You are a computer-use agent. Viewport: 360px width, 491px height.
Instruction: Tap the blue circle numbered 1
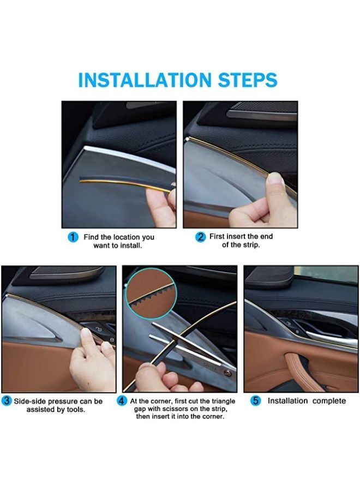click(73, 237)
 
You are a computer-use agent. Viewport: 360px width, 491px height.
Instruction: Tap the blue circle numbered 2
click(200, 237)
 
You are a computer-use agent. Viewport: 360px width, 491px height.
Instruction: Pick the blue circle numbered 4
click(122, 401)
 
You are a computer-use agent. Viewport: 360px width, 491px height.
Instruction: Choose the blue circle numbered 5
click(256, 401)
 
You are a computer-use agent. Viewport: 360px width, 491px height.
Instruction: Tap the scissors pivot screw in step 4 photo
click(228, 373)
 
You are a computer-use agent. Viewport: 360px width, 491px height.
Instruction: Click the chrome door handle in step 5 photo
click(331, 338)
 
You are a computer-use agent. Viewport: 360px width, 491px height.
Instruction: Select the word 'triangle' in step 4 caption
click(224, 401)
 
